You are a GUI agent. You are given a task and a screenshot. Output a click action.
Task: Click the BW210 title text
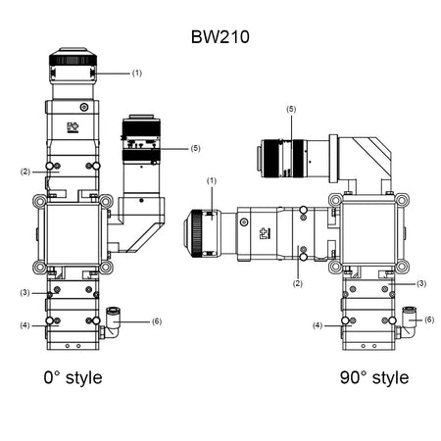[x=220, y=36]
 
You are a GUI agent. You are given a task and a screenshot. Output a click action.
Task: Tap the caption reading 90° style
[x=374, y=377]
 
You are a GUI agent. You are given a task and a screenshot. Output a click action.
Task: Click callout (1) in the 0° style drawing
[x=136, y=73]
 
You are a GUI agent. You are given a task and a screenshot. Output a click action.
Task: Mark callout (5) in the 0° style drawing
[x=194, y=148]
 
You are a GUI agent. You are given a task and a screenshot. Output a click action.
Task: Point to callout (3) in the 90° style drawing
[x=421, y=282]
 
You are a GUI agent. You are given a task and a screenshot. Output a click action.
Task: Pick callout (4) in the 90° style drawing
[x=318, y=324]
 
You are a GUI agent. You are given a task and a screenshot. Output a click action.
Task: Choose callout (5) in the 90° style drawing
[x=290, y=109]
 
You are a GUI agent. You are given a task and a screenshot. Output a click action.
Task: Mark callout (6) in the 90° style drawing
[x=428, y=318]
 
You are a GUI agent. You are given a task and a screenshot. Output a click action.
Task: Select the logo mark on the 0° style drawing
[x=73, y=127]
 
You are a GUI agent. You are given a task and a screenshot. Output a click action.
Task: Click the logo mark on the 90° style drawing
[x=264, y=233]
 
